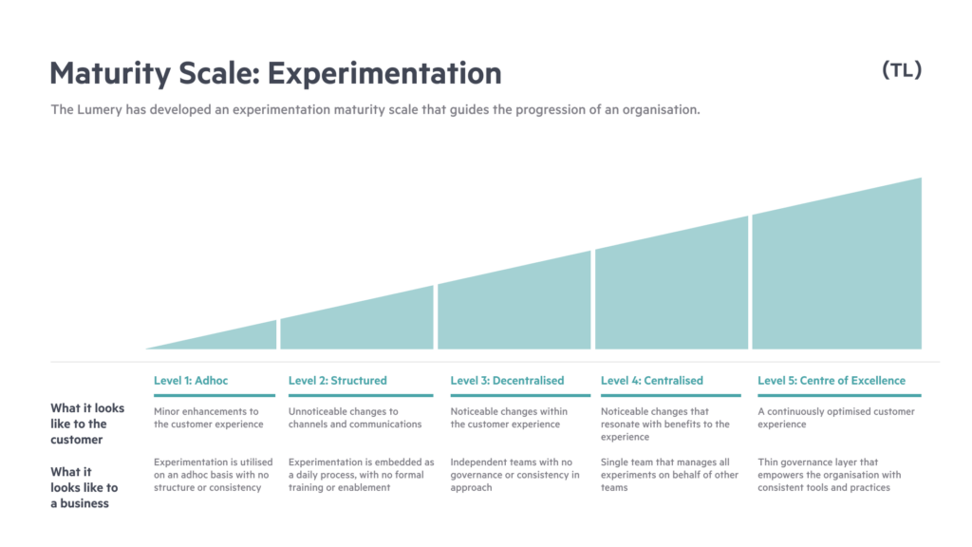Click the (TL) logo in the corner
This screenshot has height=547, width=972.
point(902,70)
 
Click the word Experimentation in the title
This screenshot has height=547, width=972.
point(384,73)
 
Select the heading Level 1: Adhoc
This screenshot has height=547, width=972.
point(191,381)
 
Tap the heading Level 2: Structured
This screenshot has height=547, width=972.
point(337,381)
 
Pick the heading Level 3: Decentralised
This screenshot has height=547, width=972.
point(507,381)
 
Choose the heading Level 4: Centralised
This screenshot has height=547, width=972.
point(651,381)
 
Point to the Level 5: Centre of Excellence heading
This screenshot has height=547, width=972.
point(832,381)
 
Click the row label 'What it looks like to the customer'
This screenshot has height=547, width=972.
point(87,424)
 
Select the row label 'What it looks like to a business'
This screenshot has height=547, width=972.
point(84,487)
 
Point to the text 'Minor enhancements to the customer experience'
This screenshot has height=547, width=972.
point(208,418)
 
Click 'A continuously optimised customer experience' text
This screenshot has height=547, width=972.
point(835,418)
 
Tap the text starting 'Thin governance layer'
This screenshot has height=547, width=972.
point(829,475)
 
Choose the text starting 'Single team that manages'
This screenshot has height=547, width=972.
point(669,475)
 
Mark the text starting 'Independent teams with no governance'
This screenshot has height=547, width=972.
point(514,475)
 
